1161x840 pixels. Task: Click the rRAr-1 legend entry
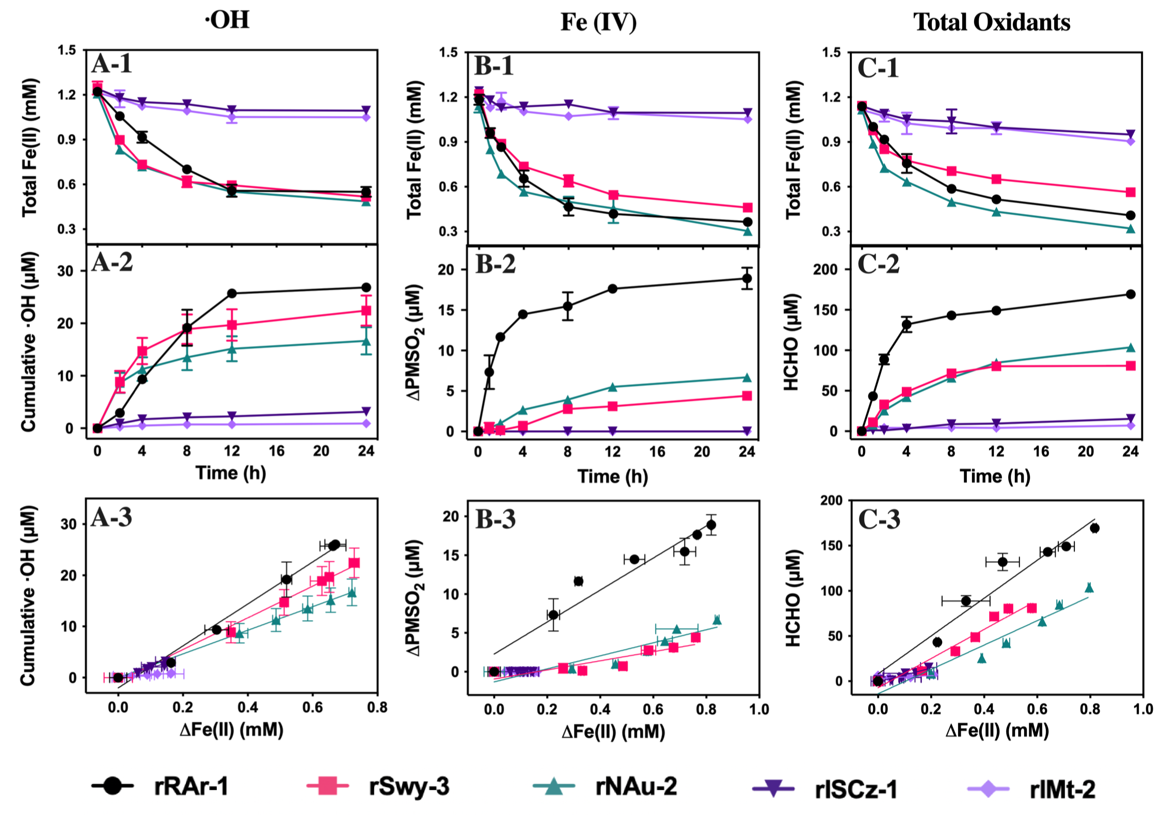pyautogui.click(x=160, y=787)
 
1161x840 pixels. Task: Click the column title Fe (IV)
pyautogui.click(x=598, y=22)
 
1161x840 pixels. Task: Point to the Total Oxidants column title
pyautogui.click(x=992, y=22)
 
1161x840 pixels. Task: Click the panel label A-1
pyautogui.click(x=112, y=64)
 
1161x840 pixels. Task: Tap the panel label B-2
pyautogui.click(x=495, y=264)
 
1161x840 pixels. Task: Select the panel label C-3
pyautogui.click(x=879, y=519)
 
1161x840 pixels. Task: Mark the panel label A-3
pyautogui.click(x=112, y=517)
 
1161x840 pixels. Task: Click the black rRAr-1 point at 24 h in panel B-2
pyautogui.click(x=746, y=279)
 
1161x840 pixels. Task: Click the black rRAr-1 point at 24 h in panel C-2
pyautogui.click(x=1130, y=294)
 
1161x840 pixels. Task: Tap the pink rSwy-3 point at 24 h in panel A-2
pyautogui.click(x=366, y=311)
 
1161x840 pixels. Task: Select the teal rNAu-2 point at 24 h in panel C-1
pyautogui.click(x=1130, y=229)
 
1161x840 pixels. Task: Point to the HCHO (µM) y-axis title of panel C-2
pyautogui.click(x=791, y=342)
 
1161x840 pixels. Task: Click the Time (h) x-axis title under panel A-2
pyautogui.click(x=231, y=472)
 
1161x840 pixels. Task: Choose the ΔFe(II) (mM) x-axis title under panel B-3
pyautogui.click(x=613, y=731)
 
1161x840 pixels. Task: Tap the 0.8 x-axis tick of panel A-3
pyautogui.click(x=377, y=707)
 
